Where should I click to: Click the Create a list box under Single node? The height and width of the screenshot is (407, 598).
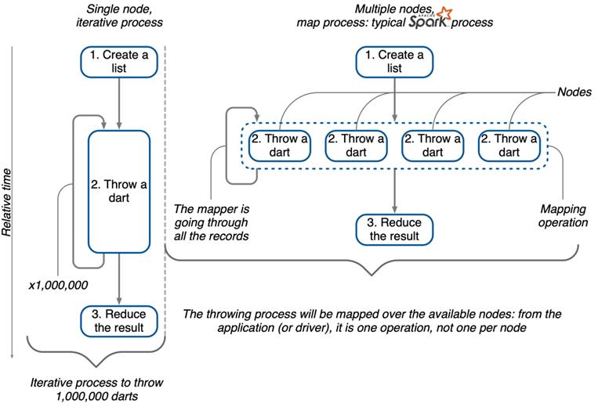[118, 61]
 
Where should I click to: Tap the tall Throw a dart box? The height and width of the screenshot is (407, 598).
[118, 192]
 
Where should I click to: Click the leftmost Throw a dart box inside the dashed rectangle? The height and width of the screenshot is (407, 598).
[280, 146]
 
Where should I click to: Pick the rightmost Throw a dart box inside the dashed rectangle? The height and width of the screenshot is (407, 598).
[509, 146]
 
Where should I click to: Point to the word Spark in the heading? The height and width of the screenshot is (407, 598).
[427, 22]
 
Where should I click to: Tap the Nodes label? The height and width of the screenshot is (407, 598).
[574, 92]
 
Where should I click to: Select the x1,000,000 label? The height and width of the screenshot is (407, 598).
[59, 285]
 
